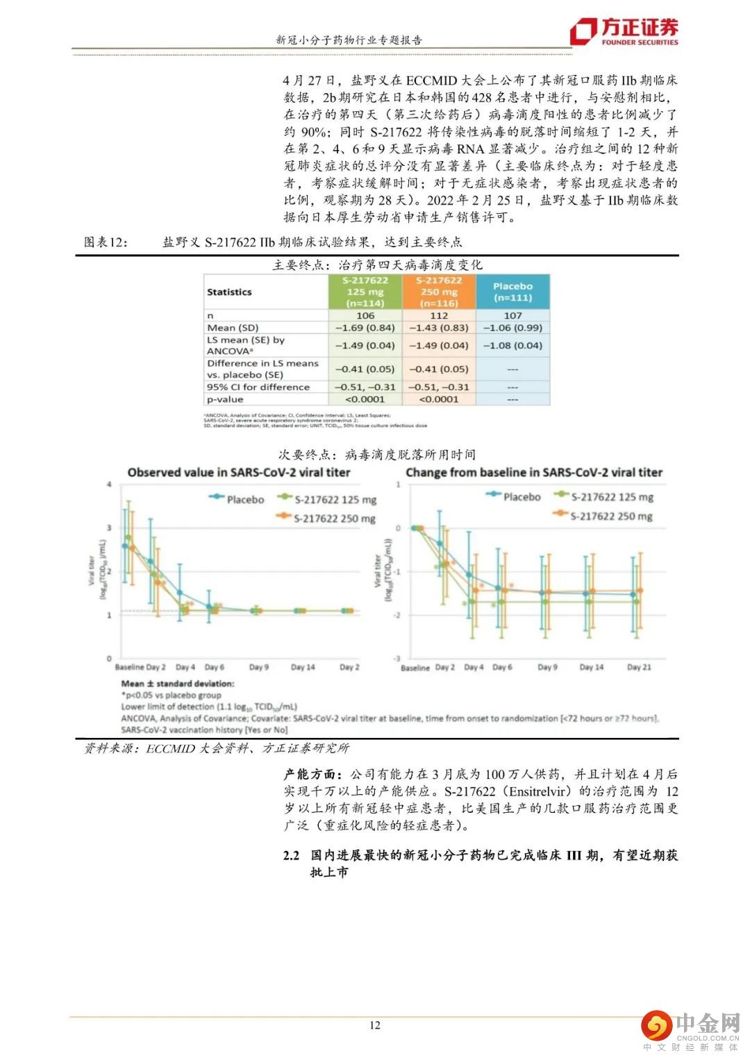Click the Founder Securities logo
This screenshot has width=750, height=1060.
pos(624,31)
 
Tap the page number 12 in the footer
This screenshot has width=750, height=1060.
pos(375,1025)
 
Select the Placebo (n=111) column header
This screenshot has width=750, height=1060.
pos(512,292)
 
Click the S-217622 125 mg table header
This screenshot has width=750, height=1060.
pos(365,292)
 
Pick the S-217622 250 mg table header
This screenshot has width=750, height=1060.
pos(439,292)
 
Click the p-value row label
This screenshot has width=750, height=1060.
pos(225,399)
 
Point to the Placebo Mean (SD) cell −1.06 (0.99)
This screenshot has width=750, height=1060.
pos(512,328)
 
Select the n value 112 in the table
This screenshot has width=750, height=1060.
pos(439,315)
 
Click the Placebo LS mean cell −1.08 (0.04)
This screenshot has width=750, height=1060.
pos(512,345)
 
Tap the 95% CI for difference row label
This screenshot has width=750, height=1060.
pos(258,387)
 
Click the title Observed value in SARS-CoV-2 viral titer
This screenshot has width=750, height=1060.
pos(239,472)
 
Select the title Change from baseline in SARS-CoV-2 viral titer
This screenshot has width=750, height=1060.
pos(534,472)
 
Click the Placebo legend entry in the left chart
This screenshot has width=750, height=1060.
pos(237,498)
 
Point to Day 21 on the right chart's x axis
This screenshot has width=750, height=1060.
pos(639,667)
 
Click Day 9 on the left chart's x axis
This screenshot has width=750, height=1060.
pos(258,667)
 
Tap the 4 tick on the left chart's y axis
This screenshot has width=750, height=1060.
pos(109,484)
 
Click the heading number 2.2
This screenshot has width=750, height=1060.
pos(291,855)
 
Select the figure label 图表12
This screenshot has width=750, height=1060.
pos(106,242)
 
